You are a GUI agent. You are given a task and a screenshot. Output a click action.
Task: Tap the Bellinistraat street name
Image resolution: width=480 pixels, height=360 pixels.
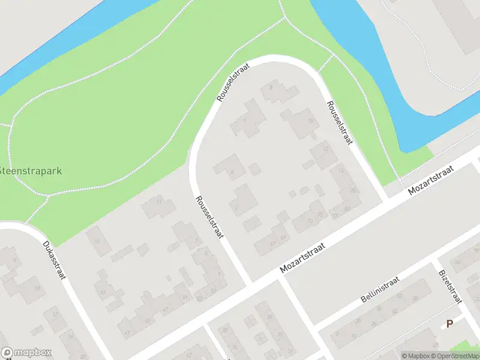[380, 290]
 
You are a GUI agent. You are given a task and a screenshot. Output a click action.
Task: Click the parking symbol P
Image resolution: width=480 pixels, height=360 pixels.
[449, 324]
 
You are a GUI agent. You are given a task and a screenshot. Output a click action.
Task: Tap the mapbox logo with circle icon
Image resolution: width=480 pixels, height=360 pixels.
[26, 353]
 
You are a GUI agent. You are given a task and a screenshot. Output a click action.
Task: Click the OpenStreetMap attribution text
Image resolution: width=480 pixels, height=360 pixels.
[456, 356]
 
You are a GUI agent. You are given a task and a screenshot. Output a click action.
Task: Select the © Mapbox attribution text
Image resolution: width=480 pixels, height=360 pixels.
[415, 356]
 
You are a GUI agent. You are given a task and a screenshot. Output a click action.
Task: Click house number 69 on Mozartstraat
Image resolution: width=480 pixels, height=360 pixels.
[283, 238]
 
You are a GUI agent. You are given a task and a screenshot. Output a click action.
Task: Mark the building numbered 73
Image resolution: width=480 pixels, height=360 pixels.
[310, 221]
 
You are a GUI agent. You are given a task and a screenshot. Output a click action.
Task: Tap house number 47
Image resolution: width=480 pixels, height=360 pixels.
[166, 309]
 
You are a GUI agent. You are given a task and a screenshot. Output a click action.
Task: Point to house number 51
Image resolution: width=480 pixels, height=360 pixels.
[185, 298]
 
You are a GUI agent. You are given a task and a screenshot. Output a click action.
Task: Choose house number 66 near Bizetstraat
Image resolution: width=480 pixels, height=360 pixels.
[458, 261]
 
